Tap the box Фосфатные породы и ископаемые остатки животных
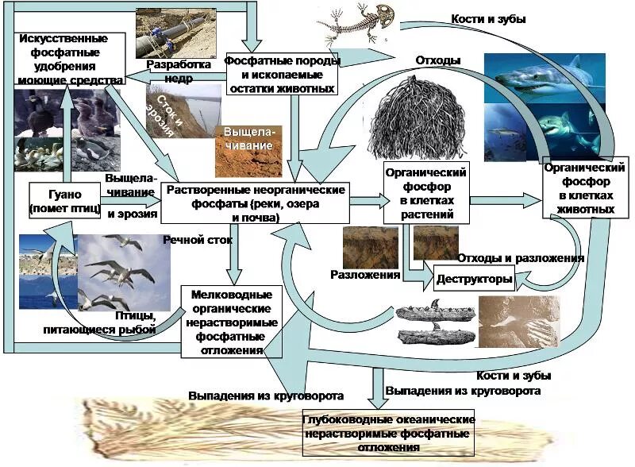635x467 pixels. pyautogui.click(x=282, y=75)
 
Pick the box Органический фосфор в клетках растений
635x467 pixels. pyautogui.click(x=424, y=192)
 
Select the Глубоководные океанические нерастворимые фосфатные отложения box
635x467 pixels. pyautogui.click(x=388, y=432)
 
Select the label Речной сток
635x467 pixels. pyautogui.click(x=190, y=238)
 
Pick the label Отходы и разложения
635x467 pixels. pyautogui.click(x=521, y=258)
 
